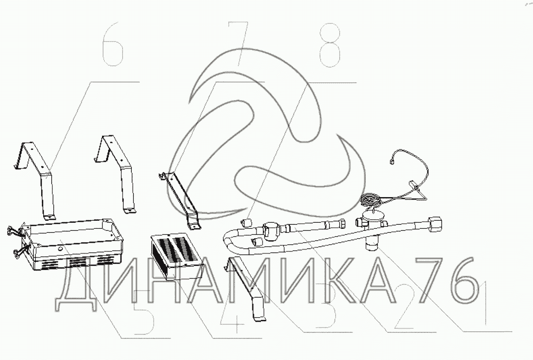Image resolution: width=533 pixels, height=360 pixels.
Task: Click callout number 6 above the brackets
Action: click(x=113, y=44)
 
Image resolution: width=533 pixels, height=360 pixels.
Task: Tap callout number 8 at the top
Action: click(x=330, y=45)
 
